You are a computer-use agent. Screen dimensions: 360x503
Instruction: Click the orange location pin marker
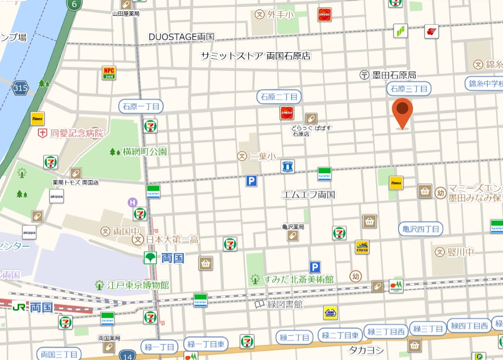point(403,111)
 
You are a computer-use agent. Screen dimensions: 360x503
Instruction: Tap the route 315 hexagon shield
point(21,88)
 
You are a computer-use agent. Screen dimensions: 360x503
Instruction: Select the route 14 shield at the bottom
point(127,354)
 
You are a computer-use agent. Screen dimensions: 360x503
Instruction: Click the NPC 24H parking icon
point(109,73)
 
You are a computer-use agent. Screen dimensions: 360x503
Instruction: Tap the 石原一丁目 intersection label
point(141,106)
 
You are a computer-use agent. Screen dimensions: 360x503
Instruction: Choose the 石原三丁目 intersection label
point(409,89)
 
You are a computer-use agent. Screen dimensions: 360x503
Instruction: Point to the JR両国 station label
point(33,307)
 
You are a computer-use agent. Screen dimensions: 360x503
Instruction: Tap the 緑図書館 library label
point(279,305)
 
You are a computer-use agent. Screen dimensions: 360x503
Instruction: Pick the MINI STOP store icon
point(330,313)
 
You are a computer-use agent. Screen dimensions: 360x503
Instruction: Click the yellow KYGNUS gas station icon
point(362,247)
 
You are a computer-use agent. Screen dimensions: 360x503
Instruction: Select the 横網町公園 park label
point(139,151)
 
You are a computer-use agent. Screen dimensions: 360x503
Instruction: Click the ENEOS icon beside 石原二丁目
point(287,113)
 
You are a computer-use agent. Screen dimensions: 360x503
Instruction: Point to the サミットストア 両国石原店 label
point(255,56)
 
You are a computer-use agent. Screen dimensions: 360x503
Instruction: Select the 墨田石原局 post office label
point(388,75)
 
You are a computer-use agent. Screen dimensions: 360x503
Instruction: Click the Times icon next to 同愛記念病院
point(37,119)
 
